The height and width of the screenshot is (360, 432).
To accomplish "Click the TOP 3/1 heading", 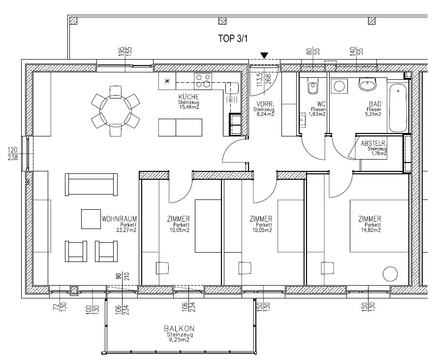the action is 233,38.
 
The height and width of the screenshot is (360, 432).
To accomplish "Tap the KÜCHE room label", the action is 189,97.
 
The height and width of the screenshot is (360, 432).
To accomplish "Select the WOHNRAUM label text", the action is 119,219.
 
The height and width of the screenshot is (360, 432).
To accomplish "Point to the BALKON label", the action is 179,328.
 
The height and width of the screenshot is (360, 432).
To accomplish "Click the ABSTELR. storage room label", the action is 373,143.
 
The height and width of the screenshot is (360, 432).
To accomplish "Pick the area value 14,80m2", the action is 371,230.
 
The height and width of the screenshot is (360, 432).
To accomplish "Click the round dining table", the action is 116,111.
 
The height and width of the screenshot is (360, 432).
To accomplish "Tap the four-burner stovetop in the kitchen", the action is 203,81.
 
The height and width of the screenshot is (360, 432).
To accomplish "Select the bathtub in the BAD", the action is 398,108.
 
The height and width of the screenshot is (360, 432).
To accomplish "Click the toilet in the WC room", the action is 313,86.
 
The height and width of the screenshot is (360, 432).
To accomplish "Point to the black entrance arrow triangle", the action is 265,56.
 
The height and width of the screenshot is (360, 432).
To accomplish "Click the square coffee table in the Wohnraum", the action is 91,219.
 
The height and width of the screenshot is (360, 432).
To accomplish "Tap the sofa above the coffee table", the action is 91,185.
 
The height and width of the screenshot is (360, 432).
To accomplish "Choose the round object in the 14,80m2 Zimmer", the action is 390,274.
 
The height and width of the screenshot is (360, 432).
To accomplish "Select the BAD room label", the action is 375,104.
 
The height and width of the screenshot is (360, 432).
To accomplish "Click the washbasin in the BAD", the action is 368,84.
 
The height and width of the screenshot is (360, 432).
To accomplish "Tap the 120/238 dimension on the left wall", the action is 13,154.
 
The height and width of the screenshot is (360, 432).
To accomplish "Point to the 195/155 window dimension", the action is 125,52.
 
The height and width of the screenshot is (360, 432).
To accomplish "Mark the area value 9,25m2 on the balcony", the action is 179,340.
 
